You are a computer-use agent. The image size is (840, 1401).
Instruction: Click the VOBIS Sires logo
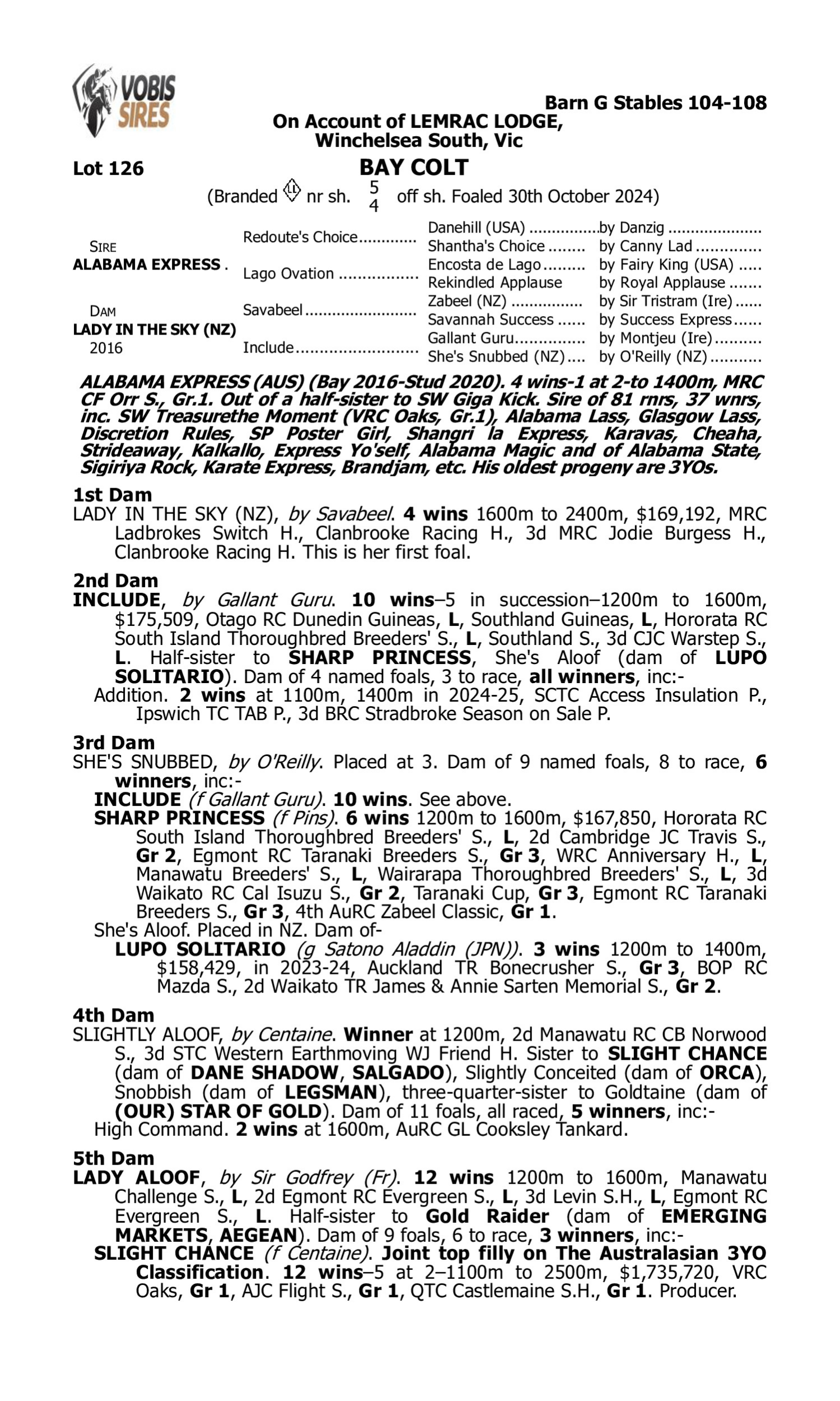124,100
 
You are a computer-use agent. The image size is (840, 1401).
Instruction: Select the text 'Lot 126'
108,168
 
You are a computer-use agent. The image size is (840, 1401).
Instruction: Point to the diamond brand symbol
292,191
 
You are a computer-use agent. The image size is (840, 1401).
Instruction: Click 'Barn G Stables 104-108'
655,103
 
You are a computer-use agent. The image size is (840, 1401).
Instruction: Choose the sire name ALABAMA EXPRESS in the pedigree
147,265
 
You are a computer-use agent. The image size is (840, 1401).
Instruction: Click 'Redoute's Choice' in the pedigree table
300,236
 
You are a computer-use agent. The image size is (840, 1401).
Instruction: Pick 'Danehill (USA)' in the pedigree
476,228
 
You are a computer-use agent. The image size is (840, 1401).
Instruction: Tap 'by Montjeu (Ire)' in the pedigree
655,338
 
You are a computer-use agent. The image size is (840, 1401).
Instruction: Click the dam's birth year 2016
106,347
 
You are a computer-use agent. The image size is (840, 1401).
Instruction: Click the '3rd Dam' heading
113,742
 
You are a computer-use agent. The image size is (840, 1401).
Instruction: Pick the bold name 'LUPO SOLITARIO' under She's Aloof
200,949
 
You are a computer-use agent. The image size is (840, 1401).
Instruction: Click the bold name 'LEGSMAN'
331,1092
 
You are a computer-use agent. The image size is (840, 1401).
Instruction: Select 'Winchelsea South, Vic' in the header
418,140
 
